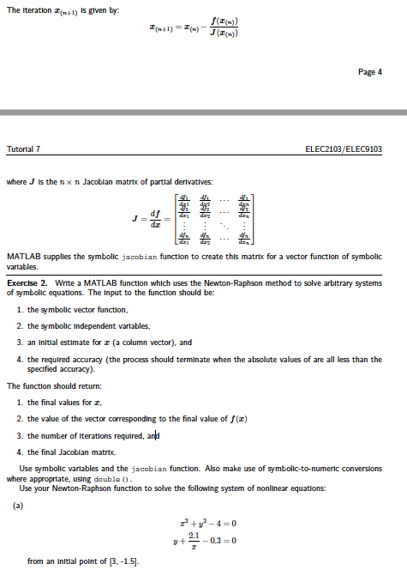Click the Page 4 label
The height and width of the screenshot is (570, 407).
(368, 72)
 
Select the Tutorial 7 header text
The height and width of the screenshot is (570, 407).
(27, 149)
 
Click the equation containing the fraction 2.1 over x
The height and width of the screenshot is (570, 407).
(205, 538)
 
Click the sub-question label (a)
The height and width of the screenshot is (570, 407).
(18, 507)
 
